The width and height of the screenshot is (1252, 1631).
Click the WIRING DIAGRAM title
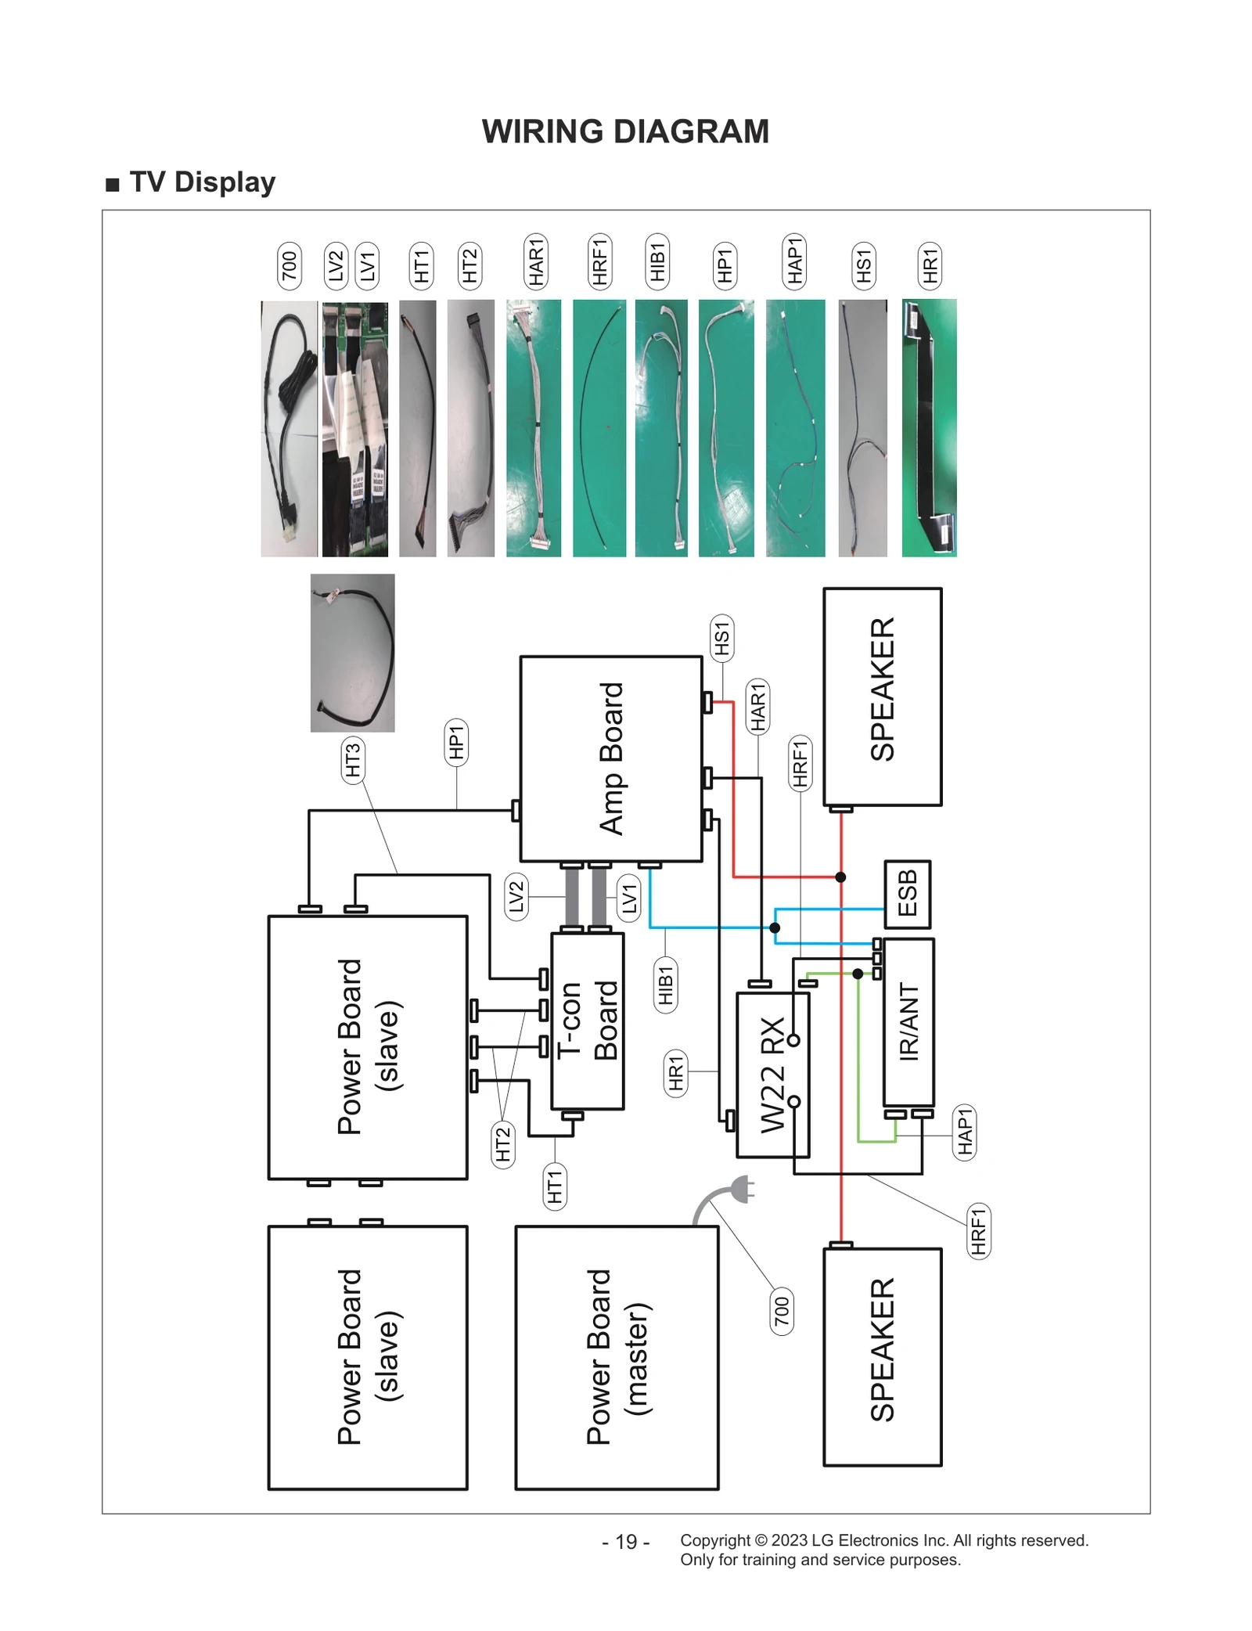point(625,131)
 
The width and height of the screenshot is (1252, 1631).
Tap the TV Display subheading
point(202,182)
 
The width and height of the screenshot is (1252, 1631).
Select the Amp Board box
point(611,758)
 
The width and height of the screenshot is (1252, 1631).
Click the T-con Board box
point(588,1021)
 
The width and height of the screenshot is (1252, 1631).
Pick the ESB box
point(907,893)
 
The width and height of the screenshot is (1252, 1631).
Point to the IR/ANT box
point(908,1021)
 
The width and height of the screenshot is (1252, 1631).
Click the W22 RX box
point(772,1075)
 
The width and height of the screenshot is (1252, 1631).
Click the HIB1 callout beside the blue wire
point(666,985)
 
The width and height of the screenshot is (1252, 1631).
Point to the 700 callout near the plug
point(782,1311)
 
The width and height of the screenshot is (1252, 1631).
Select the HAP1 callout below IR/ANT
point(965,1131)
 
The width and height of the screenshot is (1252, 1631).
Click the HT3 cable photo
point(352,653)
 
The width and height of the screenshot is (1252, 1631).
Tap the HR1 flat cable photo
point(929,427)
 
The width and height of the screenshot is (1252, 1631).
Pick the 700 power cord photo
point(289,427)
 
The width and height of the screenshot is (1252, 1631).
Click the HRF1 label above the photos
point(599,261)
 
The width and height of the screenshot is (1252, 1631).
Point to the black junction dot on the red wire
point(840,877)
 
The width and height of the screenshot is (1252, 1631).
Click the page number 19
point(625,1541)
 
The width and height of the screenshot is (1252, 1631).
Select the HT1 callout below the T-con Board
point(555,1186)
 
